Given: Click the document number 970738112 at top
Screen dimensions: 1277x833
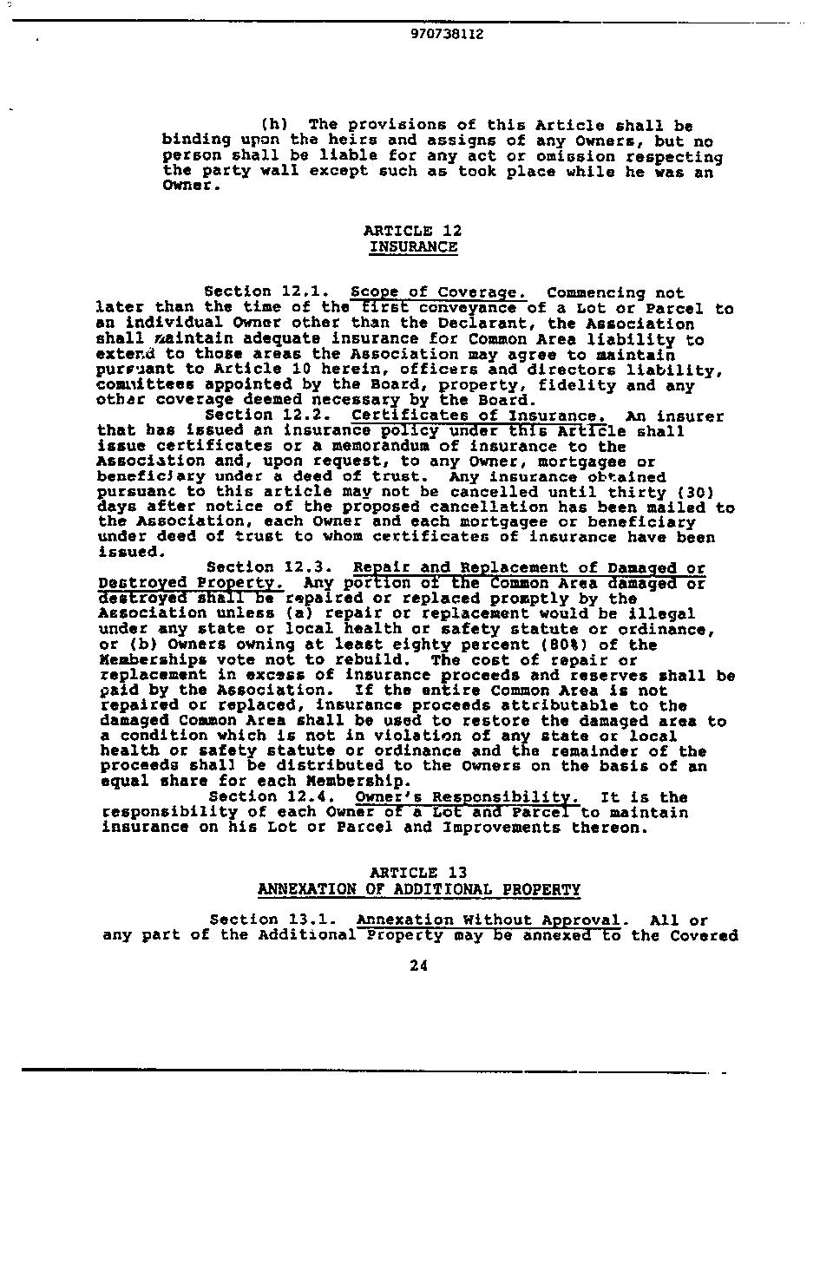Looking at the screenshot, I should tap(446, 35).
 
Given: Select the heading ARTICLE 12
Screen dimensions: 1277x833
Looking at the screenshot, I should tap(412, 231).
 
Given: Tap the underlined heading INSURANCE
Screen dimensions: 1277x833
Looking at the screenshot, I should tap(413, 246).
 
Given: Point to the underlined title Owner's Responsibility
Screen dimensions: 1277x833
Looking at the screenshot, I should tap(467, 797).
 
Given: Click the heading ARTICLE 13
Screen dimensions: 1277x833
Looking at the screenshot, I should tap(418, 873).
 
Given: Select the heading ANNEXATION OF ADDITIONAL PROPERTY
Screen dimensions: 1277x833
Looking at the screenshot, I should tap(419, 889).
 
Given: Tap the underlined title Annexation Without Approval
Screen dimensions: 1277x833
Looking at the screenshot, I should tap(490, 920).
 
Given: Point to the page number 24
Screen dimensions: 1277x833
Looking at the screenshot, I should tap(418, 966).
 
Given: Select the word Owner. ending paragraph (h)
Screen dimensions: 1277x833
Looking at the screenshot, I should tap(187, 186).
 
